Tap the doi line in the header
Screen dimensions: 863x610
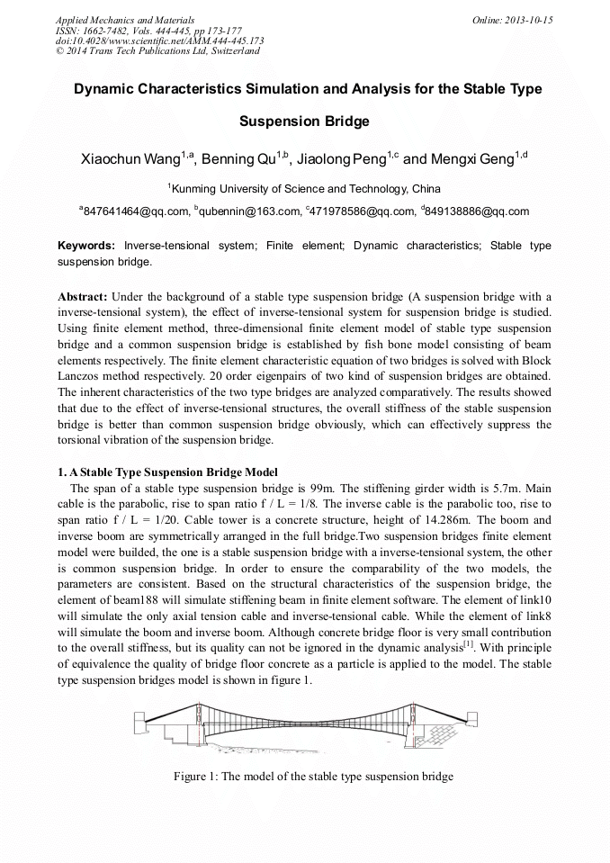coord(159,40)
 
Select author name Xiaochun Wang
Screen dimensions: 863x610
coord(130,160)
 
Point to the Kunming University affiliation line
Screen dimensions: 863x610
coord(304,189)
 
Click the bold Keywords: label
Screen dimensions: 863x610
coord(86,246)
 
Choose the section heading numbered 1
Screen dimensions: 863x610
coord(168,472)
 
